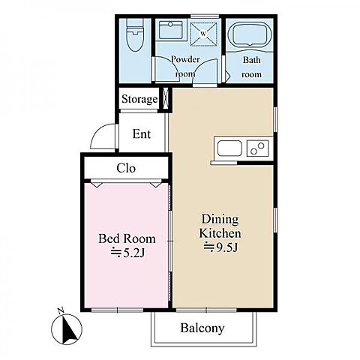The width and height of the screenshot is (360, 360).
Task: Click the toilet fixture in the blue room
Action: tap(135, 35)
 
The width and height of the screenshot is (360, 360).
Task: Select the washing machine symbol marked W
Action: tap(203, 34)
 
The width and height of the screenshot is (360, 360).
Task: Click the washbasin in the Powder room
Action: tap(171, 30)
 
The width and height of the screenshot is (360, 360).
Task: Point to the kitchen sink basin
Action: tap(229, 148)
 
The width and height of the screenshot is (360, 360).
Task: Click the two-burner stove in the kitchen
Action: tap(258, 148)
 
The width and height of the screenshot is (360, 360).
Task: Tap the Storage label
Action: tap(139, 99)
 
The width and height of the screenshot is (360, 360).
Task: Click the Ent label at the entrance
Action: tap(142, 133)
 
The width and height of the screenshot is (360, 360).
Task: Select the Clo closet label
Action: tap(126, 168)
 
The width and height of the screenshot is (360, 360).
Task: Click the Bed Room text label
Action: tap(127, 238)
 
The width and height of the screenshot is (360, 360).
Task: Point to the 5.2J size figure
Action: tap(127, 253)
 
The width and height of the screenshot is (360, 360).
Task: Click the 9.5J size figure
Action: tap(220, 247)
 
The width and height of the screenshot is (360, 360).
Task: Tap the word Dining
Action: tap(220, 219)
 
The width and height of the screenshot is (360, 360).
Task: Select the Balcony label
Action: tap(202, 328)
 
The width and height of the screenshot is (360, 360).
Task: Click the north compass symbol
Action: tap(67, 328)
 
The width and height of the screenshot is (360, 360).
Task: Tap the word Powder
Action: tap(185, 59)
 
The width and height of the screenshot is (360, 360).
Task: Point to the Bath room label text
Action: tap(252, 67)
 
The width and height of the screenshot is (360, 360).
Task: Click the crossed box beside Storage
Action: tap(165, 98)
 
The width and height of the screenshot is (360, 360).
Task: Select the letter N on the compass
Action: tap(61, 310)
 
